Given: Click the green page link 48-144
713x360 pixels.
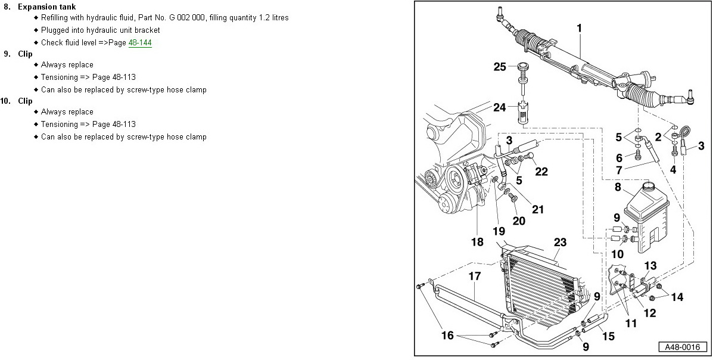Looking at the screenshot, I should coord(140,43).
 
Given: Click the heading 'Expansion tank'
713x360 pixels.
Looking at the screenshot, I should coord(46,7).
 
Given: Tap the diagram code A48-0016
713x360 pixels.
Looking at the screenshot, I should coord(681,347).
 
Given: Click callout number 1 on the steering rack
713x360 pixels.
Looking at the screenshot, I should coord(579,28).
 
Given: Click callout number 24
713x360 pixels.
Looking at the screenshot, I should coord(499,108).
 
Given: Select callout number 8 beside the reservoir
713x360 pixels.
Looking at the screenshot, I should coord(618,188).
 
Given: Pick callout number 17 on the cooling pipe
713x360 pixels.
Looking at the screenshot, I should coord(474,277).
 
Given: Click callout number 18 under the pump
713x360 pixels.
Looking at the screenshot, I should coord(477,242).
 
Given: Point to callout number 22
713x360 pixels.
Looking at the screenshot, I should coord(541,172).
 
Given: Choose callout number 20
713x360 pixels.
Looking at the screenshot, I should coord(519,221).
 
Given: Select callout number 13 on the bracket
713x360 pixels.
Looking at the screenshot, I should coord(650,265).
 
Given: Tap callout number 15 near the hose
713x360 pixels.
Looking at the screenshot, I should coord(608,336).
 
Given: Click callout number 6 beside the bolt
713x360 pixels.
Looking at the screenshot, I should coord(619,158).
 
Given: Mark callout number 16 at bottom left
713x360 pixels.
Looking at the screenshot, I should coord(447,336).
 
